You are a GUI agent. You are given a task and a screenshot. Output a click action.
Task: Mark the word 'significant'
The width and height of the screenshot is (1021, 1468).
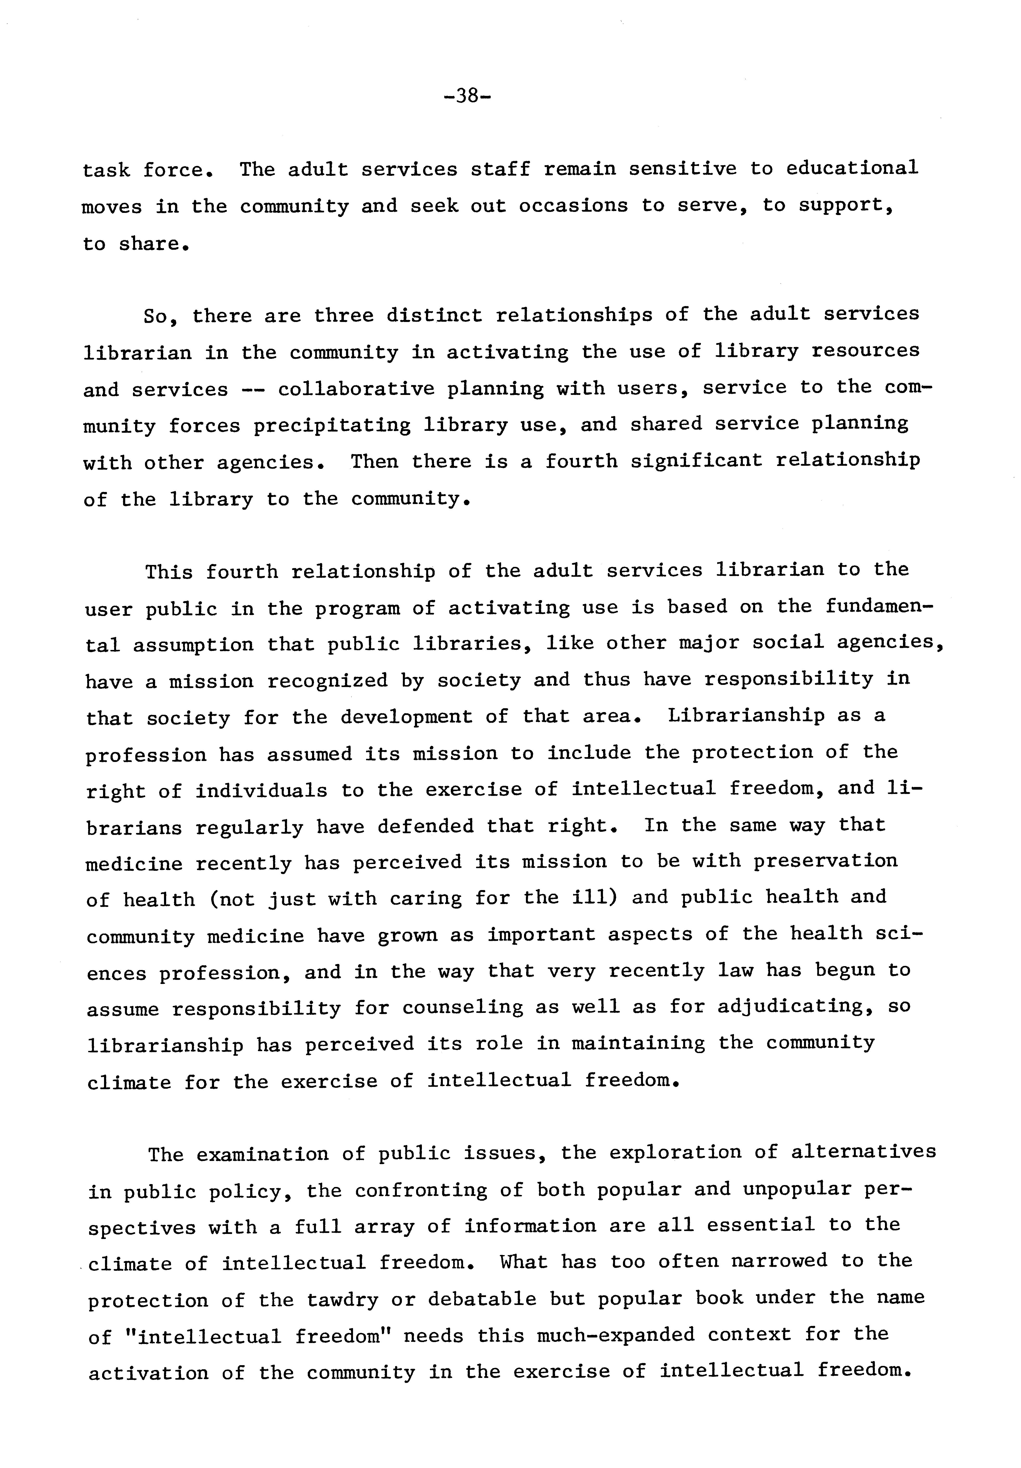pyautogui.click(x=696, y=460)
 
